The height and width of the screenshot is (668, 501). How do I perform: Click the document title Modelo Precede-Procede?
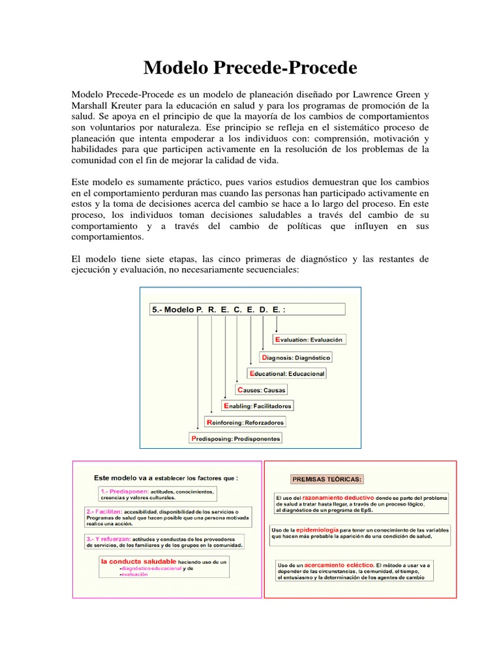[x=250, y=67]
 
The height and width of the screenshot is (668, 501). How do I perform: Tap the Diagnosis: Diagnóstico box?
[x=296, y=357]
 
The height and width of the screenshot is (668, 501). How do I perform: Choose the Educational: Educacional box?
[x=286, y=373]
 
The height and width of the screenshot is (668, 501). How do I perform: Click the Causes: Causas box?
[x=261, y=389]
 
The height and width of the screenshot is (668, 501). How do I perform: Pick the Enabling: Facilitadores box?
[x=257, y=406]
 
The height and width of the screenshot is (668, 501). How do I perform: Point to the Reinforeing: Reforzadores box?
[x=245, y=422]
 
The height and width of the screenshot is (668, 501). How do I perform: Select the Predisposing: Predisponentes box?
[x=236, y=438]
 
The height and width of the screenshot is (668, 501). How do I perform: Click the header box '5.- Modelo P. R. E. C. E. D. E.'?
[x=248, y=310]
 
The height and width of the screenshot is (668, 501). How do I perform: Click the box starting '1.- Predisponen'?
[x=157, y=494]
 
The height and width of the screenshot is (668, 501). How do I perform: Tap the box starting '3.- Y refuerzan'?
[x=164, y=542]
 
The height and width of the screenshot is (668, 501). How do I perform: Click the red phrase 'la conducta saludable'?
[x=138, y=560]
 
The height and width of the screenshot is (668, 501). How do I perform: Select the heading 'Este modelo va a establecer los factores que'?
[x=166, y=478]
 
